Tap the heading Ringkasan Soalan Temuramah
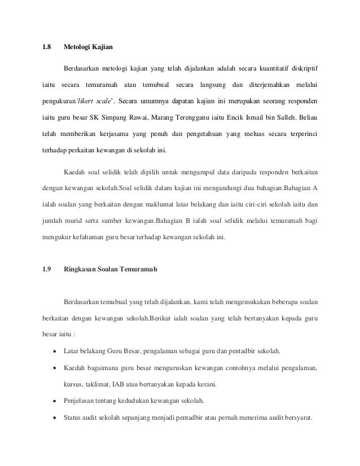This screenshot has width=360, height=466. [111, 270]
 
